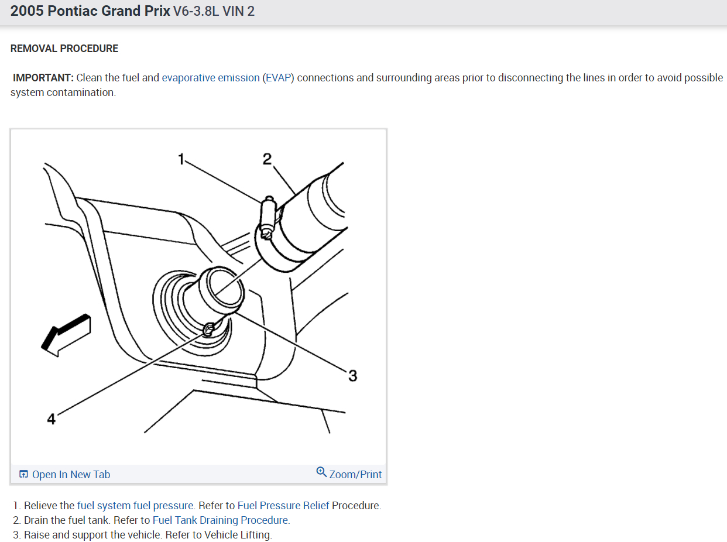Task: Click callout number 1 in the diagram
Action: (x=181, y=159)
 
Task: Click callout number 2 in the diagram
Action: (x=267, y=159)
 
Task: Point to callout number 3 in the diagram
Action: (x=352, y=375)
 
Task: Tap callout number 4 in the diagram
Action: (x=51, y=419)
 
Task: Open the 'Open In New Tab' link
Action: (x=71, y=475)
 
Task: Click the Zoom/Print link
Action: (x=355, y=475)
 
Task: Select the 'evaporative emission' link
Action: (x=211, y=78)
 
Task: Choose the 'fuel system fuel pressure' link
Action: (x=135, y=506)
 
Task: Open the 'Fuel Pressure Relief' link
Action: (x=283, y=506)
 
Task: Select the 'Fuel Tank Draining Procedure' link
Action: (x=221, y=520)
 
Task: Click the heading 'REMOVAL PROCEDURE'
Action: (x=64, y=49)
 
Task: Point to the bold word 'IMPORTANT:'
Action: (x=43, y=78)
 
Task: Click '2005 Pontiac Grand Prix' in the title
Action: (x=90, y=11)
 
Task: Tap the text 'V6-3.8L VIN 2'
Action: (x=214, y=11)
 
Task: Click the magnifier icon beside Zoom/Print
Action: (x=321, y=472)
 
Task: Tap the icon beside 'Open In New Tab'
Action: (x=24, y=475)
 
